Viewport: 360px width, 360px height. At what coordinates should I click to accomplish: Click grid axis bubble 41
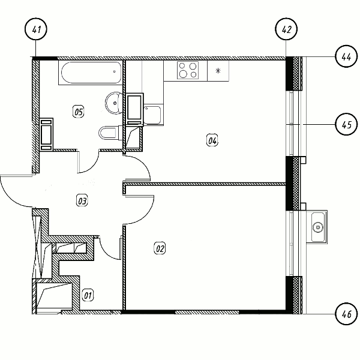pos(36,29)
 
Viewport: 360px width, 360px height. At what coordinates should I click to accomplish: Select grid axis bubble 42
pos(286,29)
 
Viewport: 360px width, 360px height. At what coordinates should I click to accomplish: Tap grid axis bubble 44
pos(346,56)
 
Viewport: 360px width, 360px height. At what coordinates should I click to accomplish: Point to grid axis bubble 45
pos(346,124)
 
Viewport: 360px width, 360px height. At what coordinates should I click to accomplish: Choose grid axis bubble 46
pos(346,314)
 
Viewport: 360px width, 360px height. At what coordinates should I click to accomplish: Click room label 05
pos(78,112)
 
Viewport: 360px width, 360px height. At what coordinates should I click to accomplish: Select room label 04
pos(212,140)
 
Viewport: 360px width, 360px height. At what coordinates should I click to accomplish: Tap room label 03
pos(82,200)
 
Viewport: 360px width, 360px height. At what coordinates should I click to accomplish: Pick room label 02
pos(160,248)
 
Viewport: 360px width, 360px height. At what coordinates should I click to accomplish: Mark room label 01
pos(88,295)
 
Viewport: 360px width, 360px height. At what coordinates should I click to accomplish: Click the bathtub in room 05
pos(91,73)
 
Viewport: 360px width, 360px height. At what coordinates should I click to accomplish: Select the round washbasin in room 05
pos(114,103)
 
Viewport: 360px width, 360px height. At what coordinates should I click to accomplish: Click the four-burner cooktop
pos(188,70)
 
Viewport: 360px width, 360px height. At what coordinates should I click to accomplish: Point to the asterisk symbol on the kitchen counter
pos(218,71)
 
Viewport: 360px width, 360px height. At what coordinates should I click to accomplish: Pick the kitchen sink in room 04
pos(152,115)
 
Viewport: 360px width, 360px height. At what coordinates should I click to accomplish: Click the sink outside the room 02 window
pos(318,227)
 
